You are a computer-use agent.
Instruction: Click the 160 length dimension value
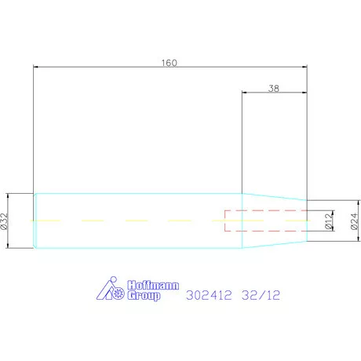coord(169,63)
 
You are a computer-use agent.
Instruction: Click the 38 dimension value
coord(273,89)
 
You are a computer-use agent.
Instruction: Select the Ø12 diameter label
coord(329,222)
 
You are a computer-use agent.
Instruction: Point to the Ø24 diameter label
coord(353,222)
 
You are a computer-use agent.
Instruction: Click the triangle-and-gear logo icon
coord(110,290)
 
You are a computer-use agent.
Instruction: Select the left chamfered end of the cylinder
coord(35,221)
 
